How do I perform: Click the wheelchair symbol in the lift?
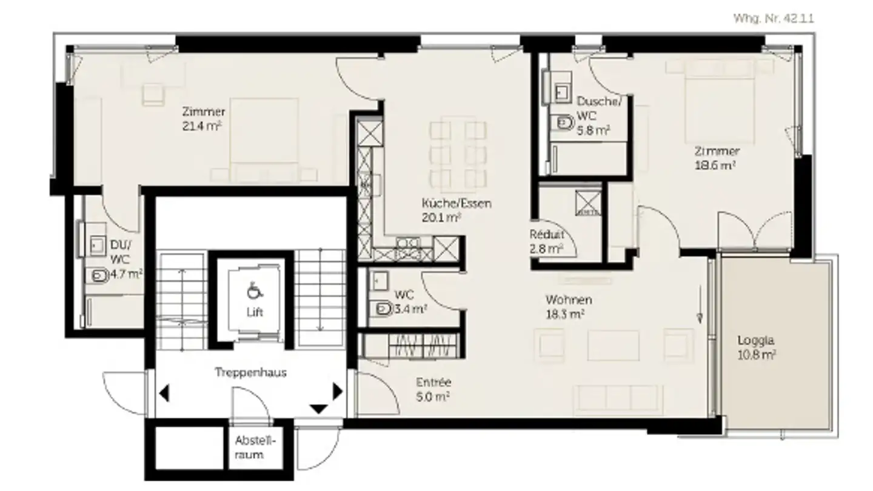(x=255, y=291)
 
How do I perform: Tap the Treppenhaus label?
(x=250, y=373)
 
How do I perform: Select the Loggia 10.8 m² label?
(x=756, y=347)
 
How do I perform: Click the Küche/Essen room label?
(x=457, y=210)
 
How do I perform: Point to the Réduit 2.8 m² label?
(x=546, y=241)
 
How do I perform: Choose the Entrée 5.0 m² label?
(x=433, y=389)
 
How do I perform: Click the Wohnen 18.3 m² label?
(x=568, y=307)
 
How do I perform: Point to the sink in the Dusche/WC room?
(x=561, y=93)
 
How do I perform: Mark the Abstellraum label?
(x=255, y=448)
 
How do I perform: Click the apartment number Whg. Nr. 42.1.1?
(x=774, y=18)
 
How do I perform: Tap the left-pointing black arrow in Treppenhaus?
(x=164, y=393)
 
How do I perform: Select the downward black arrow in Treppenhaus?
(x=319, y=409)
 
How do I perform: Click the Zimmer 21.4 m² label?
(x=203, y=119)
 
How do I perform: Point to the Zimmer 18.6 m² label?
(x=717, y=158)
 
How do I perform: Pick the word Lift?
(x=255, y=312)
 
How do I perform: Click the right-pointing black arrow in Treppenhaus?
(x=338, y=391)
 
